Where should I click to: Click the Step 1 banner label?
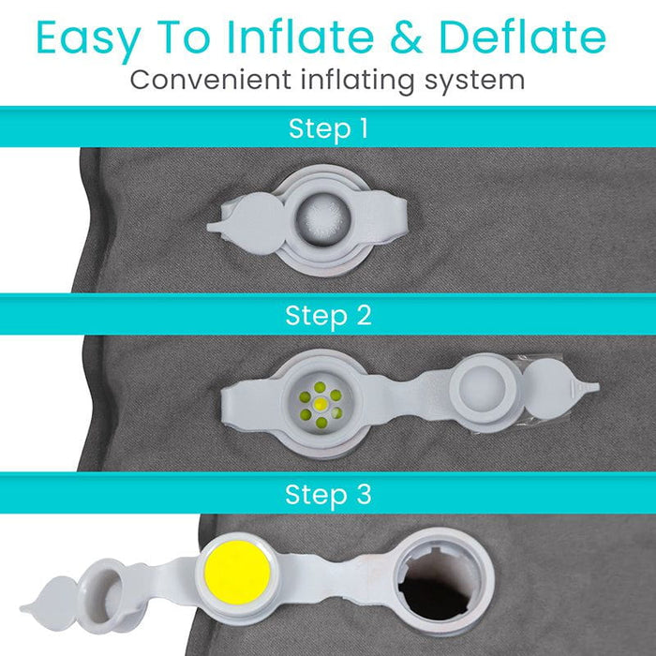click(328, 127)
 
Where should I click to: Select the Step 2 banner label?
click(328, 315)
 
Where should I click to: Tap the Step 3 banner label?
click(328, 493)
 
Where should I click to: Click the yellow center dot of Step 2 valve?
click(321, 404)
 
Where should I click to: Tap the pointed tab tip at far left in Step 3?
click(28, 593)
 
